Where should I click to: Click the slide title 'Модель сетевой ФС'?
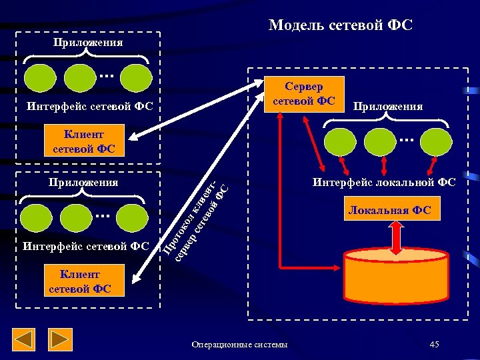pos(341,25)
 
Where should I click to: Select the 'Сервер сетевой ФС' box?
pos(304,93)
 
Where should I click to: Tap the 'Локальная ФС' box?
pos(389,211)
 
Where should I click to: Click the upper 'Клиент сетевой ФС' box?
pos(83,141)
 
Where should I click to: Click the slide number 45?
pos(435,344)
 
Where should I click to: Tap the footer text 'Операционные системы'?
pos(239,345)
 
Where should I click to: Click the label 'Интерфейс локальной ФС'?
pos(385,182)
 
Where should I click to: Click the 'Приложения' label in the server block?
pos(387,107)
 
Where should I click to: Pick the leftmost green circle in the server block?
pos(339,141)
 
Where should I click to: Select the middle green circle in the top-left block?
pos(82,78)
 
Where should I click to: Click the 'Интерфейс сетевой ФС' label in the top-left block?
pos(90,106)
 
